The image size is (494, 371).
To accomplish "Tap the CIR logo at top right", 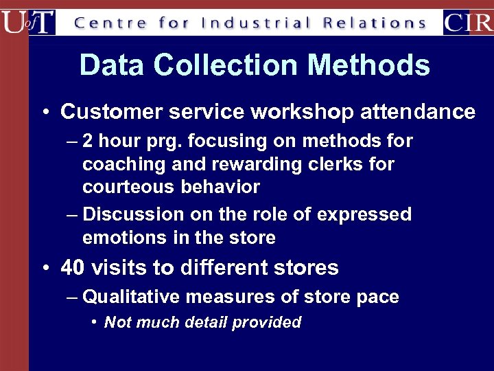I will pyautogui.click(x=468, y=22).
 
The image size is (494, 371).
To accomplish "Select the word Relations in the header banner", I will pyautogui.click(x=375, y=23).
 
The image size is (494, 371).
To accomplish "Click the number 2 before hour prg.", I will pyautogui.click(x=87, y=142).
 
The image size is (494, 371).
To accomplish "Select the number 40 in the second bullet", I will pyautogui.click(x=72, y=267).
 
